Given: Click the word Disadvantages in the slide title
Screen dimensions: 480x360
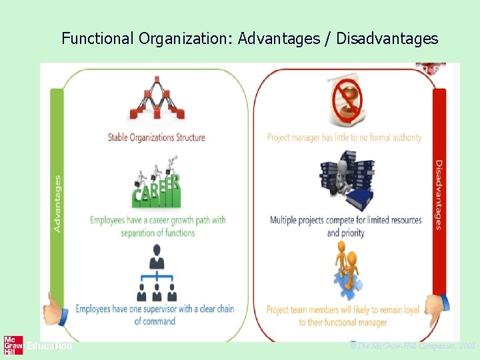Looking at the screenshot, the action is tap(387, 39).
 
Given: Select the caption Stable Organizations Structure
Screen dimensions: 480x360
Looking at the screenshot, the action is tap(157, 138).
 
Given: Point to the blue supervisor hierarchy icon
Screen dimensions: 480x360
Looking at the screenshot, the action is tap(157, 273).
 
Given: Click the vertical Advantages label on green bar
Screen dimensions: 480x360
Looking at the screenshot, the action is tap(57, 203).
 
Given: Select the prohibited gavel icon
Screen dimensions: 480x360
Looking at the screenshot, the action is tap(345, 101).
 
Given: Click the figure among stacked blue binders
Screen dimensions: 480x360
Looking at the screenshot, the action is tap(345, 180).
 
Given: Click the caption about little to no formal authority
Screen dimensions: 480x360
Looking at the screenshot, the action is tap(345, 138).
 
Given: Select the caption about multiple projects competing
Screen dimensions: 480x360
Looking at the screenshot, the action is tap(345, 226).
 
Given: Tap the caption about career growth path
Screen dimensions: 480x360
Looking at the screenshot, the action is tap(158, 226).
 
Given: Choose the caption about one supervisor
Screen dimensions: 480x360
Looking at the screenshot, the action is tap(155, 315).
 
